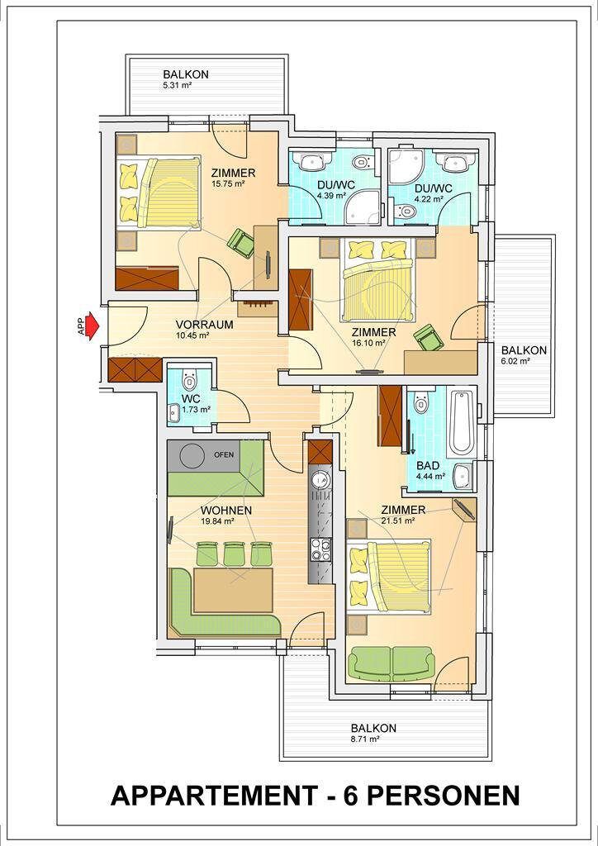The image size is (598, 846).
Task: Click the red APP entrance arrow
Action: (93, 326)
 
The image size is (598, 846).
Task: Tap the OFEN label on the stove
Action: (224, 455)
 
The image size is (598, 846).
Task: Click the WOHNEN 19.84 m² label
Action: (218, 515)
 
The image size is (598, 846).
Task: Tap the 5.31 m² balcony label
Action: (186, 78)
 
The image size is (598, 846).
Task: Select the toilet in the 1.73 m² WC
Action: (188, 380)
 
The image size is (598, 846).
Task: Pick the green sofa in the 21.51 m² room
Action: (392, 663)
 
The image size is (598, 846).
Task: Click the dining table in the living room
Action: (233, 589)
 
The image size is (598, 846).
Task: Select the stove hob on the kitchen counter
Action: (320, 549)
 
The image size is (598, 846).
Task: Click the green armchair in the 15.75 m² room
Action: (241, 243)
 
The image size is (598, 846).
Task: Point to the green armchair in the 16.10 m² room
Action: (429, 338)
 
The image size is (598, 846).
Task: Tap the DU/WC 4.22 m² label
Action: (433, 193)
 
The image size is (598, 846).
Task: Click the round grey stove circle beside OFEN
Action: (192, 456)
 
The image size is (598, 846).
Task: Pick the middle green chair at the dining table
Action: (234, 553)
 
